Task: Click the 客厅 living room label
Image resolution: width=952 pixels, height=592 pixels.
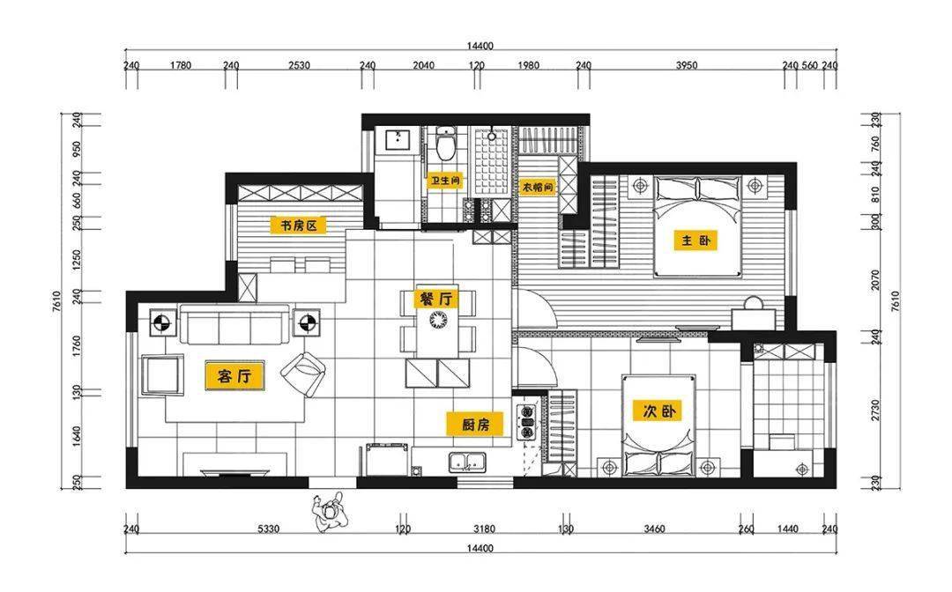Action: coord(234,376)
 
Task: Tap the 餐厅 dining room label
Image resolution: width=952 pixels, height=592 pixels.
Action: coord(436,298)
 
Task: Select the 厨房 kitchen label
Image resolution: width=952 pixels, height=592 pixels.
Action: coord(475,425)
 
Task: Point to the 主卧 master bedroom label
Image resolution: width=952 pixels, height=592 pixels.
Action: coord(695,240)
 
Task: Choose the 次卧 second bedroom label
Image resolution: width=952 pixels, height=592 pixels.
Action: coord(658,411)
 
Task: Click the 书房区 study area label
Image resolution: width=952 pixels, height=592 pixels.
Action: coord(298,226)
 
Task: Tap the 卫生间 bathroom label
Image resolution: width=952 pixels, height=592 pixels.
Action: coord(446,181)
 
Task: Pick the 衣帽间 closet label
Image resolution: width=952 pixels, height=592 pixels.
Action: coord(539,188)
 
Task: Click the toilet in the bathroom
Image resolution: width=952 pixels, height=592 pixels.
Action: coord(446,143)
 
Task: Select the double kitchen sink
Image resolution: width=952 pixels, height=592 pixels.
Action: coord(466,462)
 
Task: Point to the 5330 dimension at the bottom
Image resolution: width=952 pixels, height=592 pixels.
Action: coord(268,529)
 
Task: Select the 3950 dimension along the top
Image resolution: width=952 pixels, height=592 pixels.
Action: coord(687,65)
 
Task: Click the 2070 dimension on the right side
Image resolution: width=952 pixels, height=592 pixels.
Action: coord(875,279)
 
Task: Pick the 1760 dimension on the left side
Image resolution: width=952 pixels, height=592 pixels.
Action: coord(77,345)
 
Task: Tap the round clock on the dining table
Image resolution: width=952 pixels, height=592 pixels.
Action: coord(438,320)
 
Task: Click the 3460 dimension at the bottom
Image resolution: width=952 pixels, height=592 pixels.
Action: coord(653,529)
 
